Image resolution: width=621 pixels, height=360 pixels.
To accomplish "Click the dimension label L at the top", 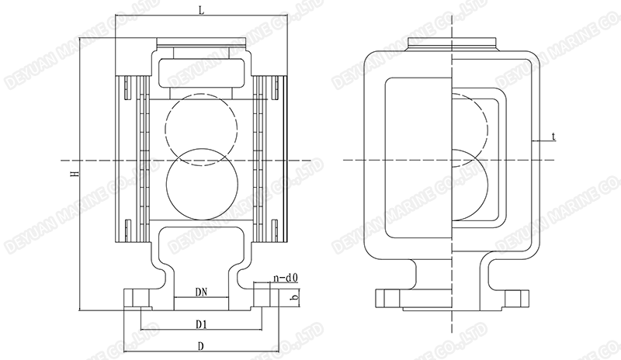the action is (x=201, y=11).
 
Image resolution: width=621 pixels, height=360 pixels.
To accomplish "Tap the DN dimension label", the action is (x=201, y=292).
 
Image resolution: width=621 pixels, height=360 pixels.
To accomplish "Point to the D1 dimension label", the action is (x=201, y=324).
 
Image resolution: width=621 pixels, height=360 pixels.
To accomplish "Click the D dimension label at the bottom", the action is (x=201, y=346).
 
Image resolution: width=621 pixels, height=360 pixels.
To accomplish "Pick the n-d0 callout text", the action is (x=285, y=279).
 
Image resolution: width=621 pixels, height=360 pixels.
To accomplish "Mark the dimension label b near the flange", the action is (x=293, y=297).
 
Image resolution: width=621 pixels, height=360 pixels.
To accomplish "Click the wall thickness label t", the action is (x=553, y=137).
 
